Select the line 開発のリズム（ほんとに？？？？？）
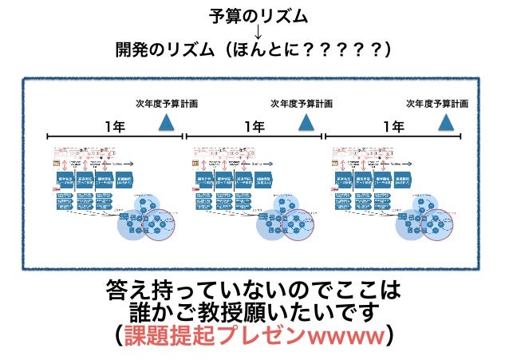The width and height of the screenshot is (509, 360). point(254,51)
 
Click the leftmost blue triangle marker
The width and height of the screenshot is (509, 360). point(167,122)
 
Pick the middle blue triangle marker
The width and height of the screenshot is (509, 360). point(306,122)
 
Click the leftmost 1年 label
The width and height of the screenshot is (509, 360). point(115,126)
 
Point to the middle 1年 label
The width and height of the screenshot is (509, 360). point(254,126)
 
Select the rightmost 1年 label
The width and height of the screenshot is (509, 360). point(393,126)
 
